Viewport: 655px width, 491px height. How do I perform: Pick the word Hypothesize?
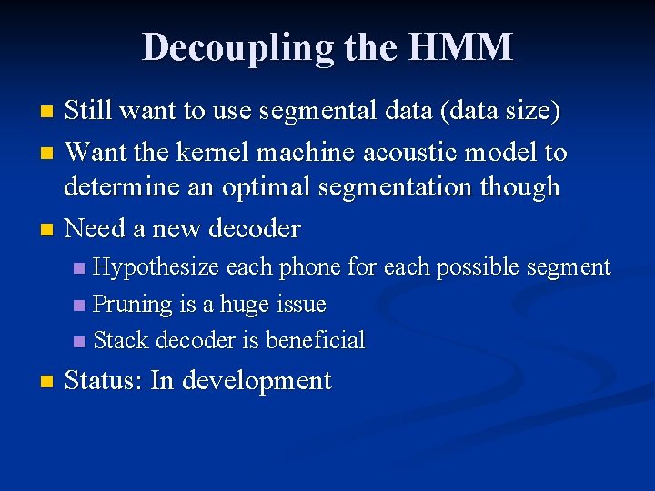156,267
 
